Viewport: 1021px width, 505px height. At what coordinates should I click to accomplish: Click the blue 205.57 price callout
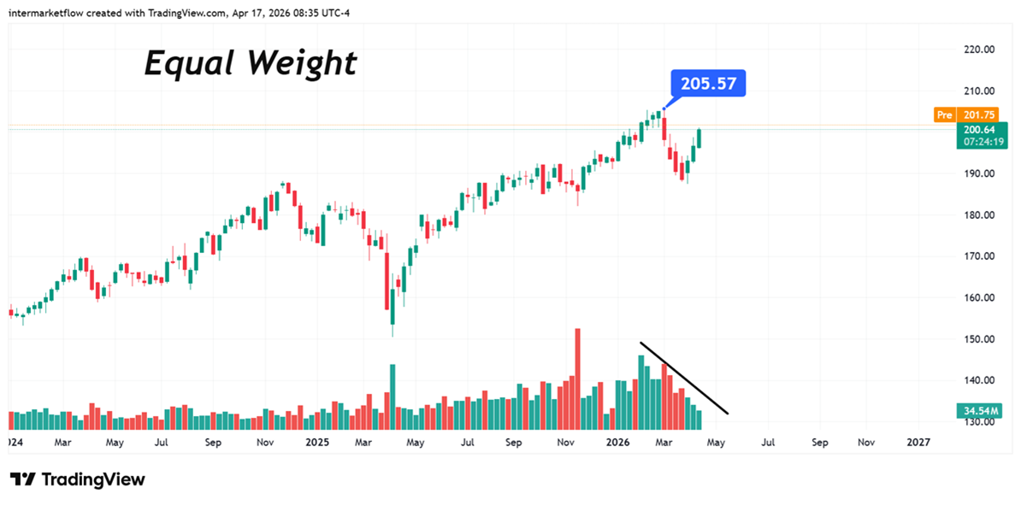(x=709, y=84)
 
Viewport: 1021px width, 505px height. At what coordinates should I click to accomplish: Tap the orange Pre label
(x=944, y=115)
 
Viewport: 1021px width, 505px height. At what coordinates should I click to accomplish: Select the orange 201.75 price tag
(x=978, y=115)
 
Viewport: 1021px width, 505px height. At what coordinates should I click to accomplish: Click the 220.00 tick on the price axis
(x=977, y=50)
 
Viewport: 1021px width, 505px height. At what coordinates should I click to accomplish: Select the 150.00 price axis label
(x=977, y=339)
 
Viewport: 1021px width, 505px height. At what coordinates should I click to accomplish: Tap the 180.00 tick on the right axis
(x=977, y=215)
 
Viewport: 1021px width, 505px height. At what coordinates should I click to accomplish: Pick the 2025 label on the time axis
(x=316, y=443)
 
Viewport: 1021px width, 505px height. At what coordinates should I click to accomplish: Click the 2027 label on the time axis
(x=918, y=443)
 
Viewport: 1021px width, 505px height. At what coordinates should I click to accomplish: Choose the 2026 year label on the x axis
(x=617, y=443)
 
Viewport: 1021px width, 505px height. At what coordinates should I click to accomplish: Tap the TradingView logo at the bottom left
(x=78, y=479)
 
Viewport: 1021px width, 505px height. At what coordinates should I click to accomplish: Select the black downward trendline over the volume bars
(x=684, y=379)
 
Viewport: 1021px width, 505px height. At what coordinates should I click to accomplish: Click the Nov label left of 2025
(x=265, y=443)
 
